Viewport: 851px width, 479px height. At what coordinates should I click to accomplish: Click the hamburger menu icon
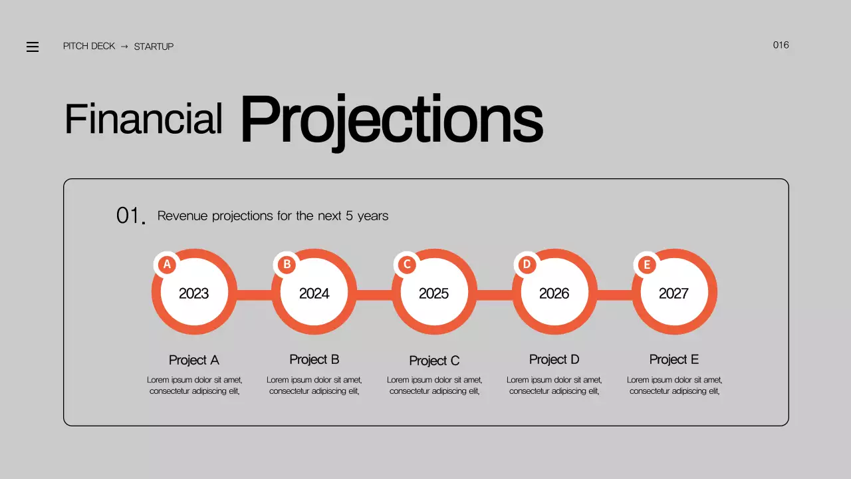(x=33, y=47)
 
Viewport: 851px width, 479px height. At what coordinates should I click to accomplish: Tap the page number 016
(x=781, y=45)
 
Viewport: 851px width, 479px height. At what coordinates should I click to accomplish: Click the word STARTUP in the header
(x=154, y=47)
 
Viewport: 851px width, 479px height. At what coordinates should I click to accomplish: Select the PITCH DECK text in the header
(x=89, y=47)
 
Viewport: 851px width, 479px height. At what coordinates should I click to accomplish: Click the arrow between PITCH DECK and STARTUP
(x=124, y=47)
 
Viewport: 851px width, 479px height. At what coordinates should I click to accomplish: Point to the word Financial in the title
(x=143, y=120)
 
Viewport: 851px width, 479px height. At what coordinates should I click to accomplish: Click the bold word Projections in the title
(x=391, y=120)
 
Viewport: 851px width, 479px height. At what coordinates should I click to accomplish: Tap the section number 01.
(x=130, y=216)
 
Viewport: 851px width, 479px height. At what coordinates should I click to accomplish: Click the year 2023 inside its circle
(x=194, y=293)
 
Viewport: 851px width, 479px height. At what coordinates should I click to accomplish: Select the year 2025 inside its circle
(x=433, y=293)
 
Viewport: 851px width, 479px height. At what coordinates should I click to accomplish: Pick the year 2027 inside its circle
(x=673, y=293)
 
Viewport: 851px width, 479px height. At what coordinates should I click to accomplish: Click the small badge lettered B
(x=287, y=265)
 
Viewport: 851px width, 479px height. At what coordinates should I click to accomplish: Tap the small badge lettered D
(x=527, y=265)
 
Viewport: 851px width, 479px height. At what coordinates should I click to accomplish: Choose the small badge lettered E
(x=646, y=265)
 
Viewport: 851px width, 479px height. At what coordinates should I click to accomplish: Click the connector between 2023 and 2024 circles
(x=254, y=295)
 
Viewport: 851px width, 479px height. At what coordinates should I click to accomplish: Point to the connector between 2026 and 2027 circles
(x=614, y=295)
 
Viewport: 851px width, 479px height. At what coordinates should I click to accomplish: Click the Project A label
(x=194, y=360)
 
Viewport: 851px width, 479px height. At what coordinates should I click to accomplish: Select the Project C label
(x=434, y=361)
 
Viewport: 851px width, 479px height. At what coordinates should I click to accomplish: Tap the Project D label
(x=554, y=359)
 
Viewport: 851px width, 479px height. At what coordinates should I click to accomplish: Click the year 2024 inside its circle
(x=314, y=293)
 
